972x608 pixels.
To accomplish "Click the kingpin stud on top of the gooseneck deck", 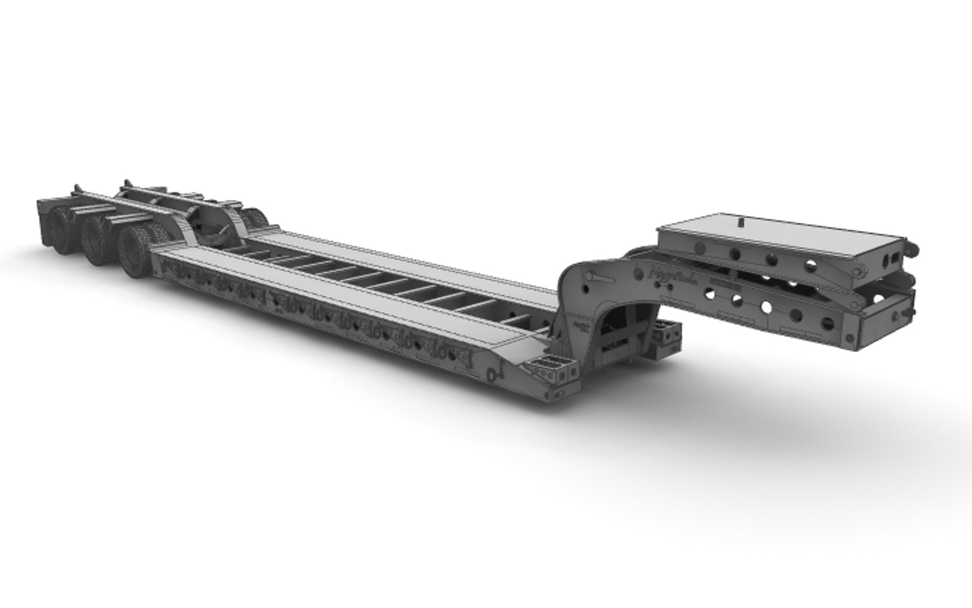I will coord(741,222).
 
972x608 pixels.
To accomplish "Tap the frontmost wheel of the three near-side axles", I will coord(135,252).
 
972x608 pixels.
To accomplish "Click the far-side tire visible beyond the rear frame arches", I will coord(256,218).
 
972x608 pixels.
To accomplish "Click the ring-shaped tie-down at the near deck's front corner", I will coord(493,374).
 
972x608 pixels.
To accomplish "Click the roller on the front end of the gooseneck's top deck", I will coord(911,246).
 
